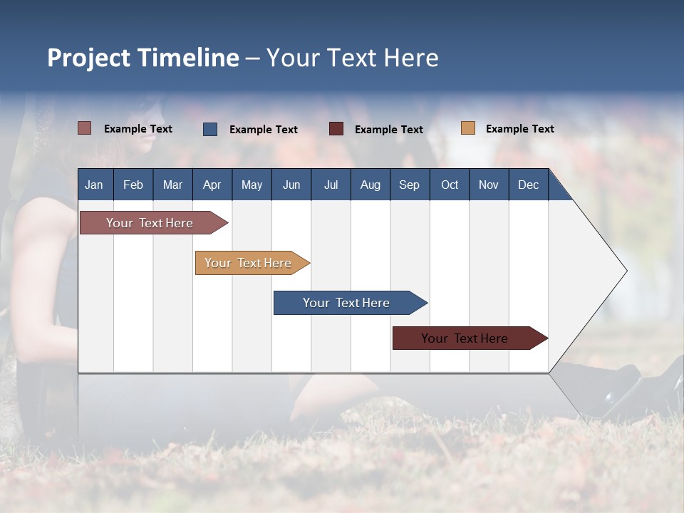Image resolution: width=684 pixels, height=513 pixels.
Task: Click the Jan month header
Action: [94, 185]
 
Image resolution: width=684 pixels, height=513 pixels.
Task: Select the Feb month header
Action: [133, 185]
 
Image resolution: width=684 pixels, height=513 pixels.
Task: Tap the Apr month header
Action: [212, 185]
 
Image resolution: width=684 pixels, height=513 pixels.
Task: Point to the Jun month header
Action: [291, 185]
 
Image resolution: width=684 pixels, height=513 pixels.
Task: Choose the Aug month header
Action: [370, 185]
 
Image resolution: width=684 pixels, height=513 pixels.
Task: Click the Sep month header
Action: [409, 185]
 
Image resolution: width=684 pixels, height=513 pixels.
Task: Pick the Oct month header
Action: [450, 185]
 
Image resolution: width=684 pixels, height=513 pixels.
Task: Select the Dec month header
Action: [528, 185]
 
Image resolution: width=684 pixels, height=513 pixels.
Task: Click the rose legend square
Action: [85, 128]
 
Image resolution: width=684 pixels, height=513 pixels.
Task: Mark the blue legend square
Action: [210, 129]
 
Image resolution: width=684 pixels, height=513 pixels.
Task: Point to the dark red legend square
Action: [336, 129]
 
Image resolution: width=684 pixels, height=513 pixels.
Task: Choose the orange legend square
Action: [468, 128]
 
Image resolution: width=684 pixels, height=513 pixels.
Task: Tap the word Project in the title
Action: [88, 58]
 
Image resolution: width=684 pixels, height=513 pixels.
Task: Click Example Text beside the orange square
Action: [519, 129]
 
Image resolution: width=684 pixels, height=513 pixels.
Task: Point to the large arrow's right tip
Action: [625, 271]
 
